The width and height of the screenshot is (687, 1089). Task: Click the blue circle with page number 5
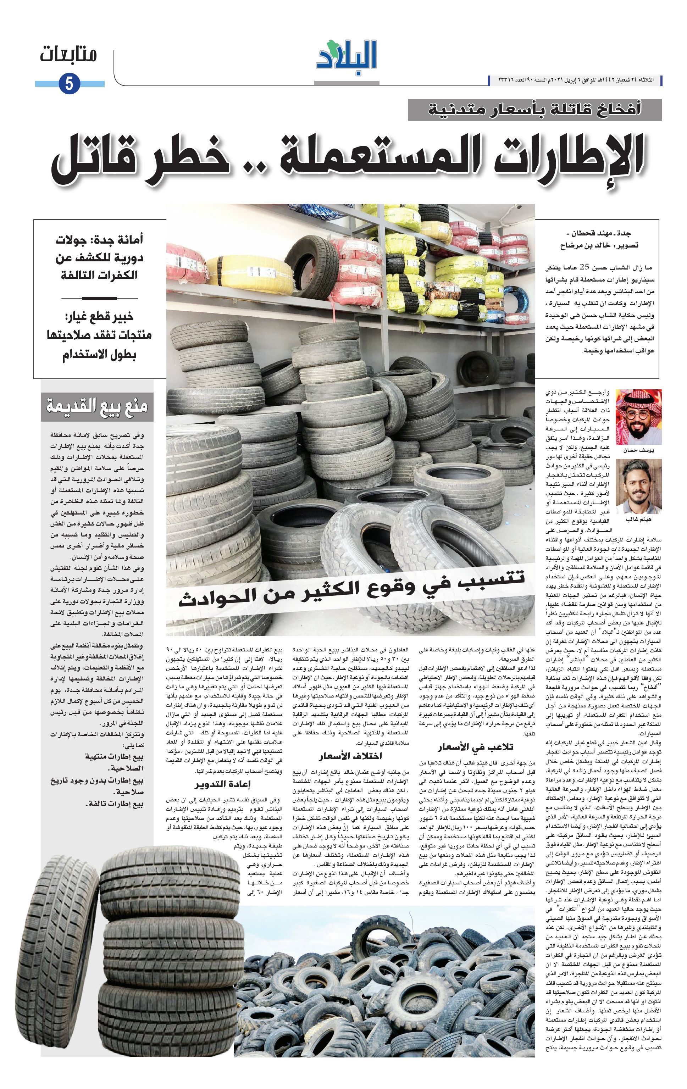point(69,84)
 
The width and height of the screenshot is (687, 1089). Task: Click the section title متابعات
point(68,55)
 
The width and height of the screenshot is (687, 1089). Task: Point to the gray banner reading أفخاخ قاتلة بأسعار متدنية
point(534,110)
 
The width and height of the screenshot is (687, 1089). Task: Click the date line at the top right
point(575,80)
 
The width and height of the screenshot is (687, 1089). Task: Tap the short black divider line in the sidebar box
point(100,299)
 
